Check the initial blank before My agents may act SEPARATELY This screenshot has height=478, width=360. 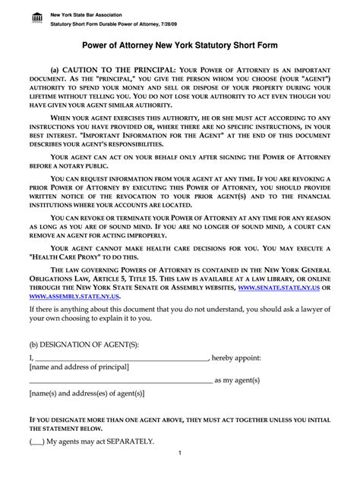[36, 440]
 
